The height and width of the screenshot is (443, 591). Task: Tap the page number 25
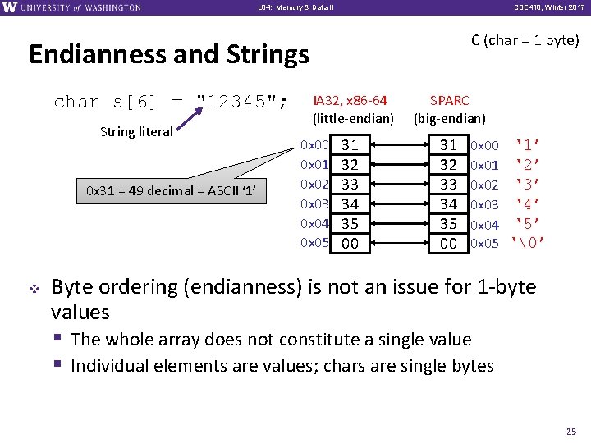(x=572, y=431)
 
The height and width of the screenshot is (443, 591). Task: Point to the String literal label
(x=136, y=131)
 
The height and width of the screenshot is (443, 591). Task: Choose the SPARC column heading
(x=450, y=101)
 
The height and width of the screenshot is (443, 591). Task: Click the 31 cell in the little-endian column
(x=350, y=145)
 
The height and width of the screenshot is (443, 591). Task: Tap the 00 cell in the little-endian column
(x=350, y=243)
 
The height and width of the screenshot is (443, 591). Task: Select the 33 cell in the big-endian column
(x=448, y=185)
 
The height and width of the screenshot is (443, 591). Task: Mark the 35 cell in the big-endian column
(x=448, y=224)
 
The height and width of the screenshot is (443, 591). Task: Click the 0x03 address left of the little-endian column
(x=315, y=203)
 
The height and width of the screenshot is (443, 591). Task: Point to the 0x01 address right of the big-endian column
(x=484, y=166)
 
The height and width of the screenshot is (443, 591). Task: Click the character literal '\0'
(x=529, y=244)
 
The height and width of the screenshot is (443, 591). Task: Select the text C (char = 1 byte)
(x=525, y=40)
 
